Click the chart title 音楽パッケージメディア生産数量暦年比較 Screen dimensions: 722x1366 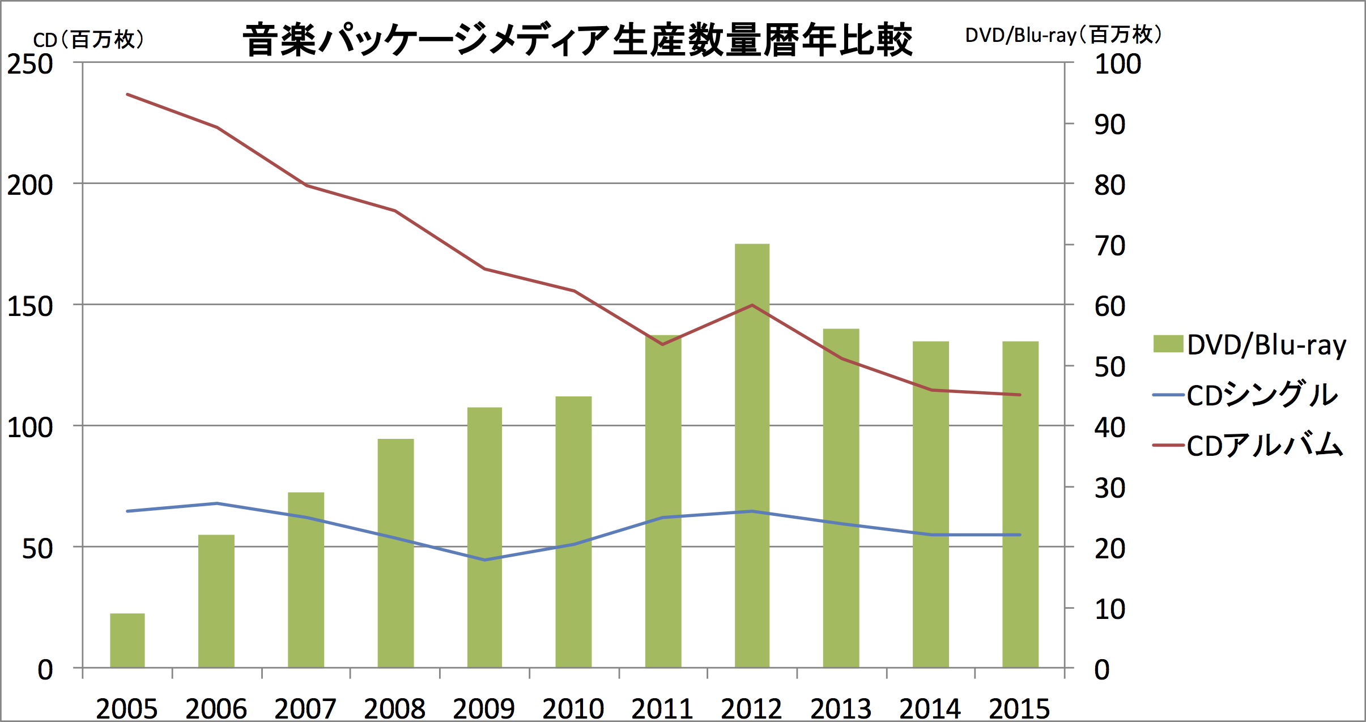(x=577, y=40)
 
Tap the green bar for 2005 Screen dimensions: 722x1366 (x=127, y=640)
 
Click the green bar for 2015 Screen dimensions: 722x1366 (x=1020, y=504)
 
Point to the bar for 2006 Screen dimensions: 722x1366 (x=216, y=601)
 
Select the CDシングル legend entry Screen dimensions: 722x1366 (x=1246, y=395)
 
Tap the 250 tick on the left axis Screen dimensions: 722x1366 (x=29, y=64)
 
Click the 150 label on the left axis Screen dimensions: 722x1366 (x=29, y=306)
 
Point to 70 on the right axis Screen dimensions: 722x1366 (x=1109, y=246)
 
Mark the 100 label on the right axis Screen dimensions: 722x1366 (x=1117, y=64)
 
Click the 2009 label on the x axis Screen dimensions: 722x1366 (x=484, y=708)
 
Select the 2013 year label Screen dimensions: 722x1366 (x=841, y=708)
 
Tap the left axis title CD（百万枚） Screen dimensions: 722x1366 (x=88, y=40)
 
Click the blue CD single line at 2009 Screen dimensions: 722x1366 (x=484, y=560)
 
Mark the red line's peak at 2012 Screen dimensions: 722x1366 (x=752, y=305)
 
